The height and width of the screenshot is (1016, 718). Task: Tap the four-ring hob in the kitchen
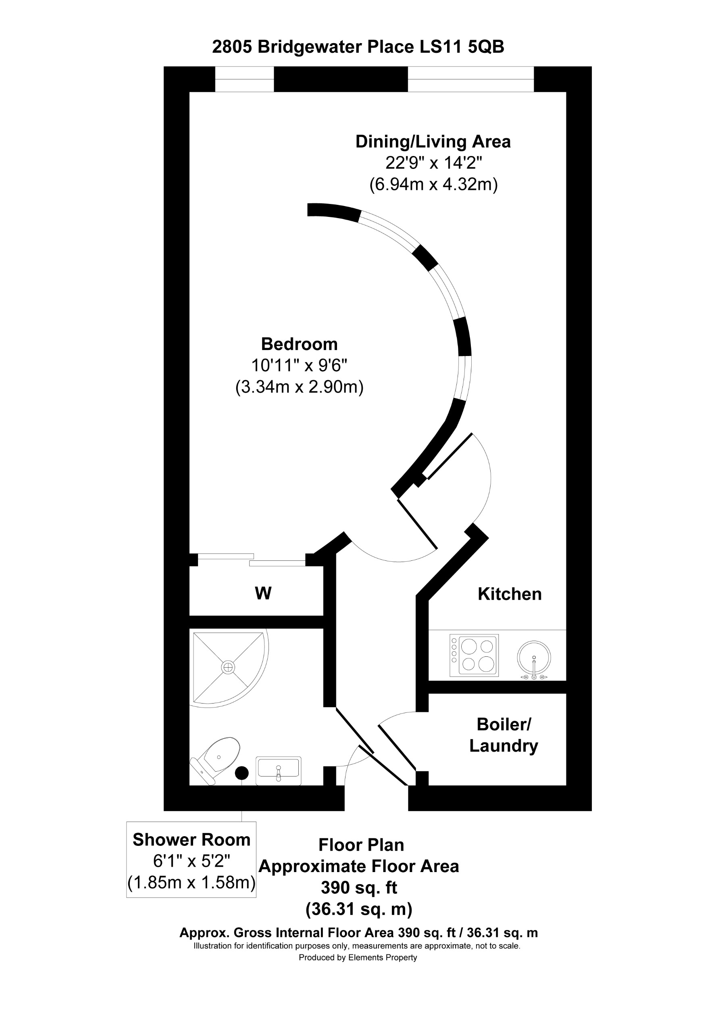pyautogui.click(x=474, y=655)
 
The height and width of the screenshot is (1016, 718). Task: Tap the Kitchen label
pyautogui.click(x=509, y=594)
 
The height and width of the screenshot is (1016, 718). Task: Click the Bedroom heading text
pyautogui.click(x=299, y=344)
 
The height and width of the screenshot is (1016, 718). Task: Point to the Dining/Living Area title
pyautogui.click(x=433, y=142)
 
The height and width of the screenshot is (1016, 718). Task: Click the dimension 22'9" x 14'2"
pyautogui.click(x=433, y=163)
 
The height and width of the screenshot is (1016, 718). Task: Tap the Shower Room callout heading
pyautogui.click(x=191, y=839)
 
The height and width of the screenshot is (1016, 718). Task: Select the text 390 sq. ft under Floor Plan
pyautogui.click(x=359, y=887)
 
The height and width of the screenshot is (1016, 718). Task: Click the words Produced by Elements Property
pyautogui.click(x=358, y=958)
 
